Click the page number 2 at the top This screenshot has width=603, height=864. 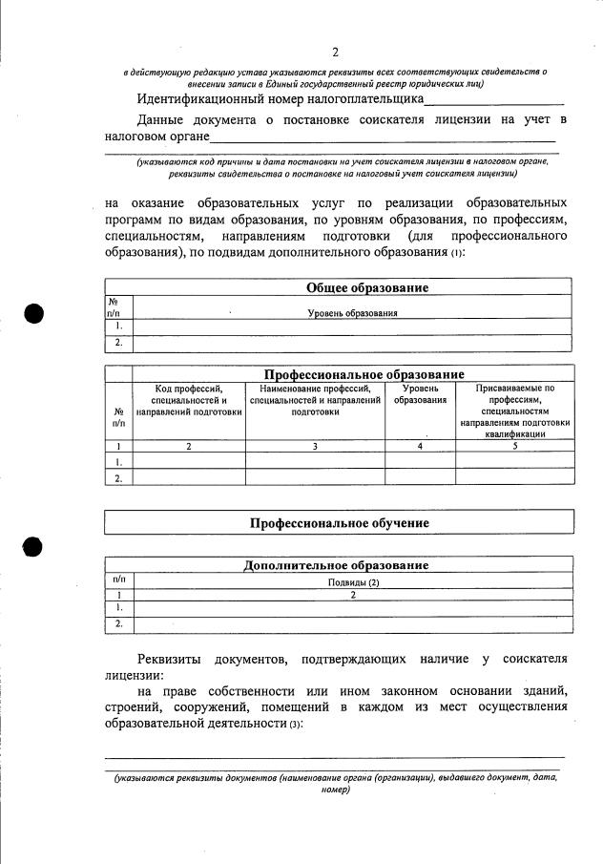pos(335,52)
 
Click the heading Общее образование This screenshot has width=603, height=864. pos(366,287)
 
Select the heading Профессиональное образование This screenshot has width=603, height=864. pos(364,374)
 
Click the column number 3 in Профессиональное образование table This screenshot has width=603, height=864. pos(315,446)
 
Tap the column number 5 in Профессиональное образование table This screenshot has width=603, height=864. pos(514,446)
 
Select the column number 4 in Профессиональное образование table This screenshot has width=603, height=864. pos(420,446)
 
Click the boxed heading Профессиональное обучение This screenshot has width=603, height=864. pos(339,523)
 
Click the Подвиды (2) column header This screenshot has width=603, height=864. pos(353,581)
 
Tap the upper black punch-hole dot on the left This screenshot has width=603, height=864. pos(34,314)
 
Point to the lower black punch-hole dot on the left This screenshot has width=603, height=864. pos(34,545)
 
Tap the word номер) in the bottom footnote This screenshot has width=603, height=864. pos(336,790)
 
